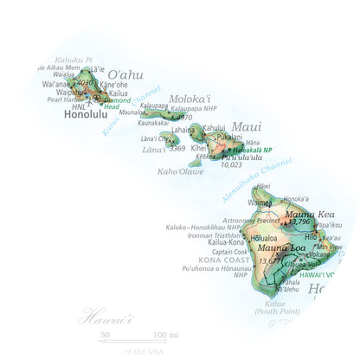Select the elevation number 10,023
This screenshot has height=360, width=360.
pos(231,164)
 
